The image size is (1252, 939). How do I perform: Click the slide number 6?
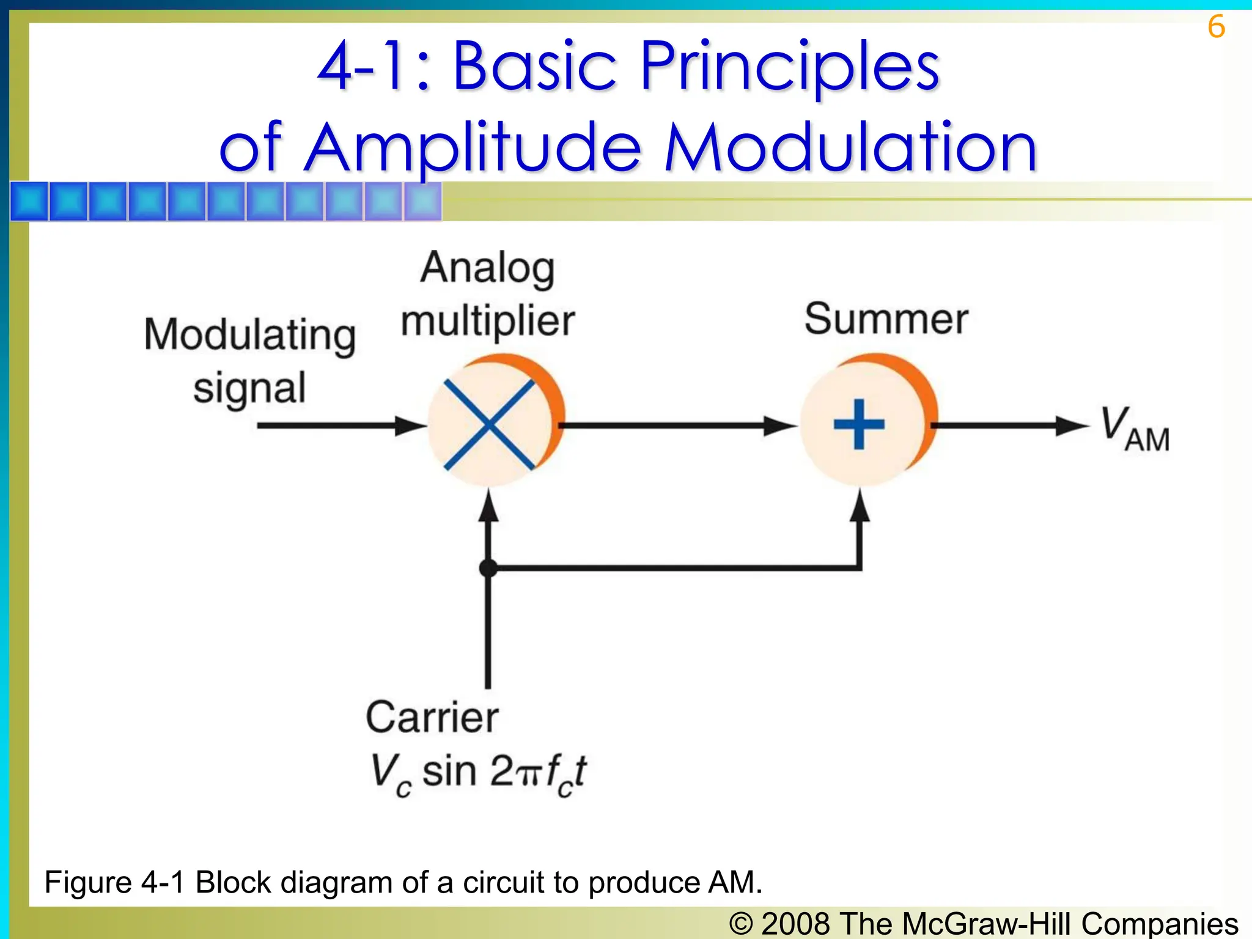[x=1216, y=27]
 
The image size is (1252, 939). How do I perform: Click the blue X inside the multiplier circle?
[x=488, y=424]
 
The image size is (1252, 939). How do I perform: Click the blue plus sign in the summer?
[x=859, y=424]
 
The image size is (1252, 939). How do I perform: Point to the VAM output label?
[x=1134, y=429]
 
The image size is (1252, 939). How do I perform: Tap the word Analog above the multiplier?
[x=488, y=269]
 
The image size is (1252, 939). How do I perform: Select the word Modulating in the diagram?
[x=249, y=335]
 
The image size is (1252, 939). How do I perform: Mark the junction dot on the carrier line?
[x=488, y=568]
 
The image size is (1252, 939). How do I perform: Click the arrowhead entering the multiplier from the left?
[x=410, y=425]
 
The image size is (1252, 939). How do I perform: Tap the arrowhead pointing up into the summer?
[x=860, y=506]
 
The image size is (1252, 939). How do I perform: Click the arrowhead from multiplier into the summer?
[x=780, y=425]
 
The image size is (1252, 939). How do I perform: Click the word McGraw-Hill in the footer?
[x=986, y=923]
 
